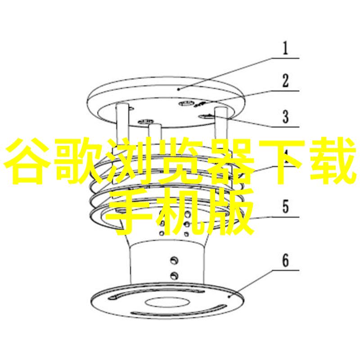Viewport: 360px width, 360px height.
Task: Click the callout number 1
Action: [x=285, y=48]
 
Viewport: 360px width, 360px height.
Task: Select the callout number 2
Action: [x=285, y=81]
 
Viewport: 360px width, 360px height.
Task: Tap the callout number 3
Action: [x=285, y=117]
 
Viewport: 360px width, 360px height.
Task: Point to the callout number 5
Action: [x=285, y=206]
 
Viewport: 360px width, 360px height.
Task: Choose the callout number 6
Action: [x=285, y=261]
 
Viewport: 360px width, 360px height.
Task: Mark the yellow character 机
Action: [x=180, y=211]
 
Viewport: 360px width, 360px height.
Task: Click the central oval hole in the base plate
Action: [x=167, y=302]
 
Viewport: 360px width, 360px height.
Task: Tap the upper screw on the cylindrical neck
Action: [x=174, y=261]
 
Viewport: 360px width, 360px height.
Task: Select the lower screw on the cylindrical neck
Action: [x=174, y=275]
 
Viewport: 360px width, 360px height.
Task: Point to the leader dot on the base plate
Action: [x=229, y=297]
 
